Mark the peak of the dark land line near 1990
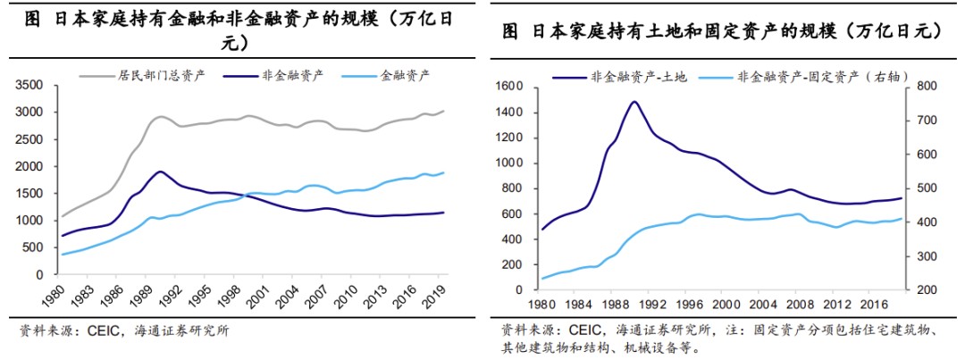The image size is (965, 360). pos(634,101)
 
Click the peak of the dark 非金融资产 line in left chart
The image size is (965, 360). pos(160,172)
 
